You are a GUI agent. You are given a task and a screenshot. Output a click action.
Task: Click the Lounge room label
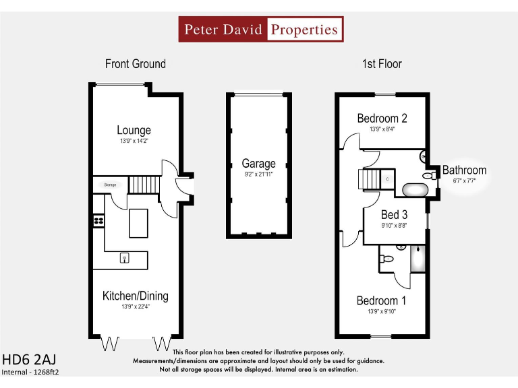(134, 130)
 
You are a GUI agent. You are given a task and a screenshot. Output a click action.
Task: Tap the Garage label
(259, 163)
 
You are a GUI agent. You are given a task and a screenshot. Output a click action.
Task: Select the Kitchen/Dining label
(135, 296)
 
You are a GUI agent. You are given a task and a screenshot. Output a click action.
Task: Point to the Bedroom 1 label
(382, 300)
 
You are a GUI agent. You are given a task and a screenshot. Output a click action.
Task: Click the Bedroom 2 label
(382, 119)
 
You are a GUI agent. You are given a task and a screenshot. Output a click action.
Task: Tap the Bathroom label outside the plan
(464, 170)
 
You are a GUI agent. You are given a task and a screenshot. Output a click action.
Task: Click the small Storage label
(111, 184)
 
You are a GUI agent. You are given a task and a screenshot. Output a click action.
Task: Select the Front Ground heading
(135, 64)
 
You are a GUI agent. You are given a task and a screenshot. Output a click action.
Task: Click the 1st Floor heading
(382, 64)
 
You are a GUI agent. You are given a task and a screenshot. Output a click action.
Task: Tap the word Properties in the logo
(304, 30)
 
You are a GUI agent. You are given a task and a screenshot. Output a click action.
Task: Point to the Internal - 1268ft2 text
(30, 372)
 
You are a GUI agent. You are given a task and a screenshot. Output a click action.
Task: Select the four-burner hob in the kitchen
(98, 220)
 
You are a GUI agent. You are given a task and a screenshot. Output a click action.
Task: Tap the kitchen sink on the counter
(125, 258)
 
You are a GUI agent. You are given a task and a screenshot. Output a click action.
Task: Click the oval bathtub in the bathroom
(415, 189)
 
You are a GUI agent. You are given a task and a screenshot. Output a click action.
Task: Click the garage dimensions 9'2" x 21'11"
(259, 174)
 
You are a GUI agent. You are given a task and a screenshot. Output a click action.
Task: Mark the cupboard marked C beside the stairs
(387, 179)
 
